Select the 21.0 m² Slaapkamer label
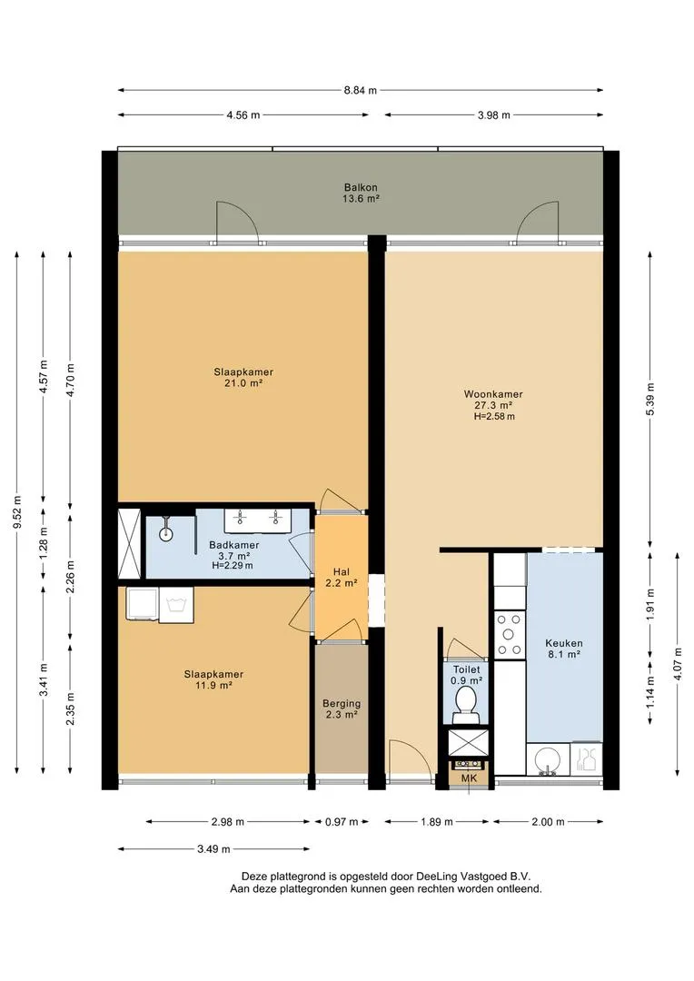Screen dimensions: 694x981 pos(243,377)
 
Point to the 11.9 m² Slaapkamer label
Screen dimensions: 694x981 pos(213,679)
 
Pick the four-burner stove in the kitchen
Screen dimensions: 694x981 pos(509,634)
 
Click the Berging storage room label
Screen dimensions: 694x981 pos(341,708)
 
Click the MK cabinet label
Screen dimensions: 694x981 pos(469,778)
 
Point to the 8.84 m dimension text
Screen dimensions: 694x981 pos(361,90)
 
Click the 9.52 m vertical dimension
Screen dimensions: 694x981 pos(17,511)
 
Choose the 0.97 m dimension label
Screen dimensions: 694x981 pos(342,821)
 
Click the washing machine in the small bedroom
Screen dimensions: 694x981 pos(176,605)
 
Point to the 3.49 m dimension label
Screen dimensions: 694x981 pos(213,849)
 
